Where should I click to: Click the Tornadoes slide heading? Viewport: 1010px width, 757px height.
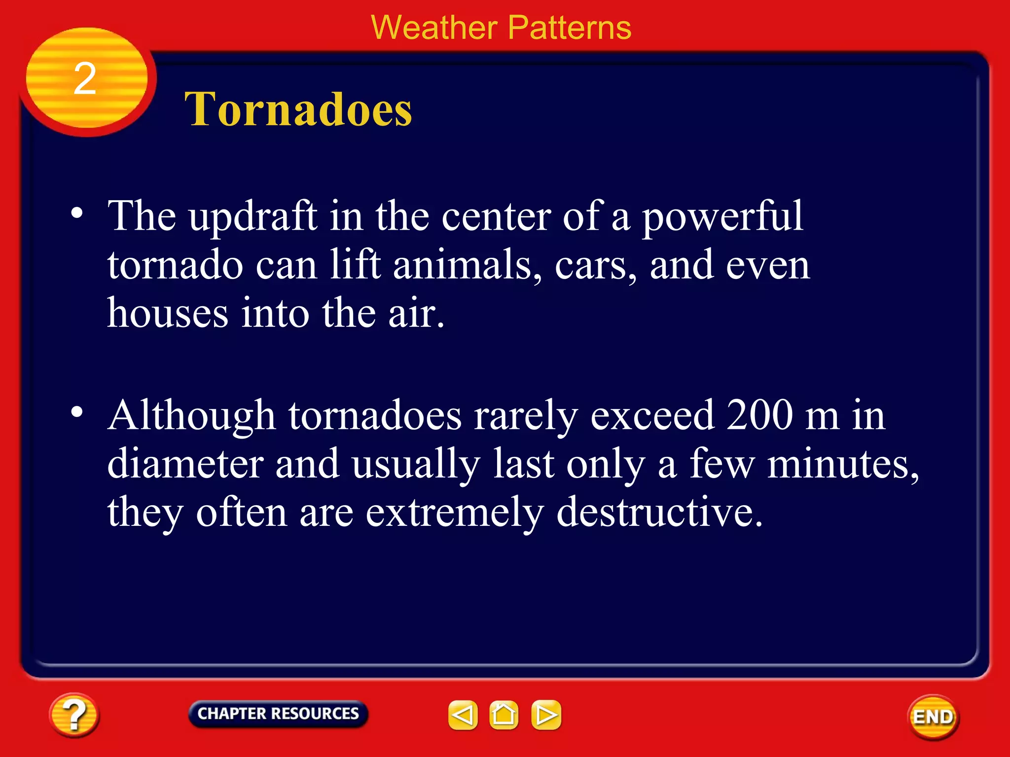(298, 109)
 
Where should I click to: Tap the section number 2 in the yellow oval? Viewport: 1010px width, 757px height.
(85, 79)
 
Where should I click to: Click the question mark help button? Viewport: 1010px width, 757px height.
(74, 715)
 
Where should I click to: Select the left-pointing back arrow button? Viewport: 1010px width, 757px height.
(463, 715)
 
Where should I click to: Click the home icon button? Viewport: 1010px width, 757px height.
(504, 715)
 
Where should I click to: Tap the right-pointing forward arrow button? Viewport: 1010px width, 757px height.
(546, 715)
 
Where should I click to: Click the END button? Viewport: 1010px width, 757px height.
(933, 717)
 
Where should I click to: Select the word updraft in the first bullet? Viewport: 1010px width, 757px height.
(253, 217)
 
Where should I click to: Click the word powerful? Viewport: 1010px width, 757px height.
(722, 217)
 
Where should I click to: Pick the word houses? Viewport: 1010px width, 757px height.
(168, 313)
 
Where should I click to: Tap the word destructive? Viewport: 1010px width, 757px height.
(659, 512)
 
